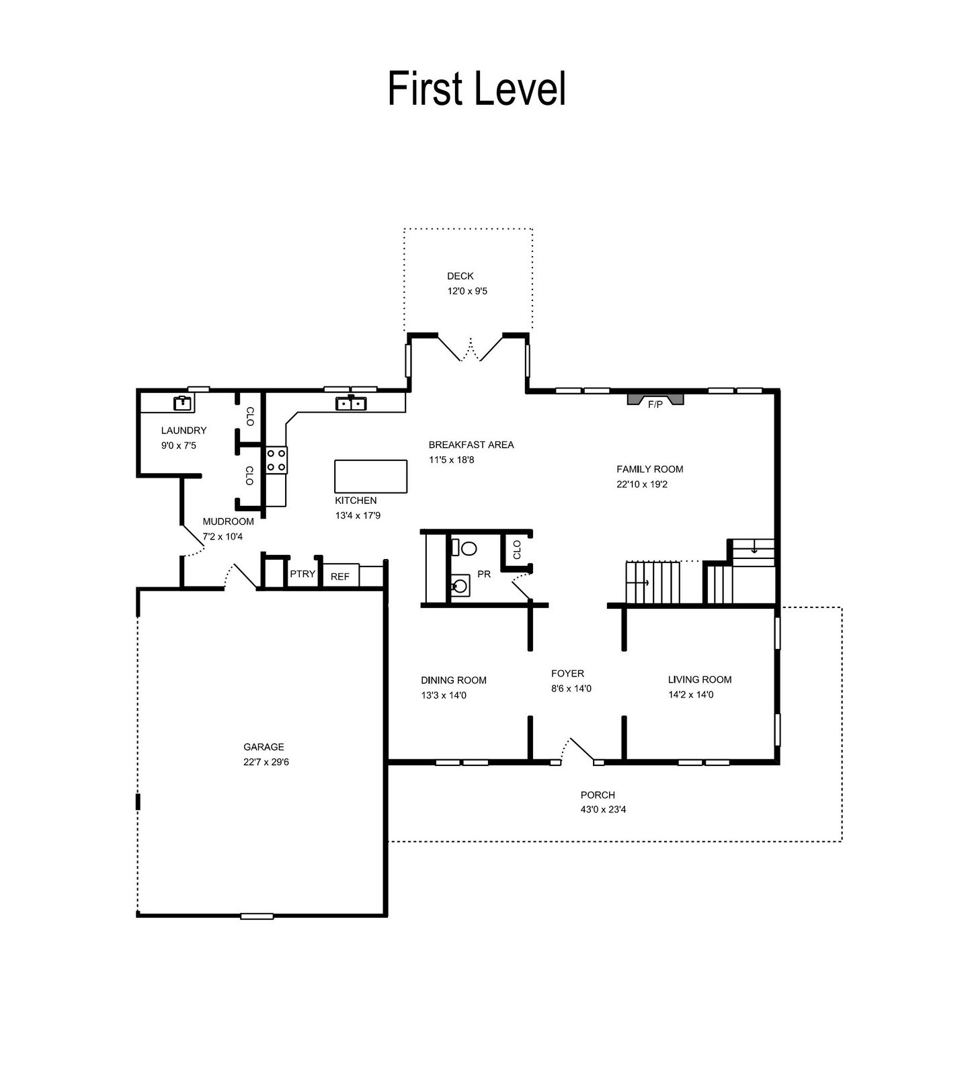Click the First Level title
477,89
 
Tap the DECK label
460,276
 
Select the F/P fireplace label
655,404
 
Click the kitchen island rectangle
371,476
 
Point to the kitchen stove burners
276,460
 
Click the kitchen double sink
350,403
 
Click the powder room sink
459,585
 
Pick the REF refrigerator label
340,576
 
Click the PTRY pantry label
302,574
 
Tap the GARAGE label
264,747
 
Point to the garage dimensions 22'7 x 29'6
266,763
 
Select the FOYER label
567,674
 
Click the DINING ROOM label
454,681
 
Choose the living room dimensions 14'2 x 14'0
691,695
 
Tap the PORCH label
598,795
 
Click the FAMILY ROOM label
650,470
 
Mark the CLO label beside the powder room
517,550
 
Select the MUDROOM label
229,522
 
